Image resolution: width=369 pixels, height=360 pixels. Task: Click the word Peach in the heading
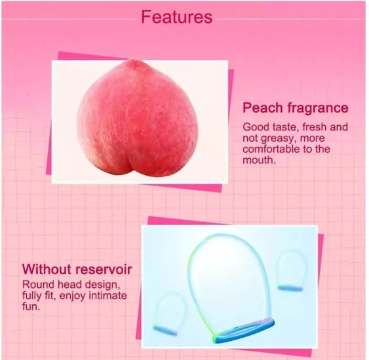[x=263, y=108]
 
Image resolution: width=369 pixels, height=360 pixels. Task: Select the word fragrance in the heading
[x=317, y=108]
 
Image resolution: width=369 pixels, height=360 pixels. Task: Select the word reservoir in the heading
[x=106, y=269]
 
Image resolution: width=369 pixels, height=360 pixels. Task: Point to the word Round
[x=38, y=285]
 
